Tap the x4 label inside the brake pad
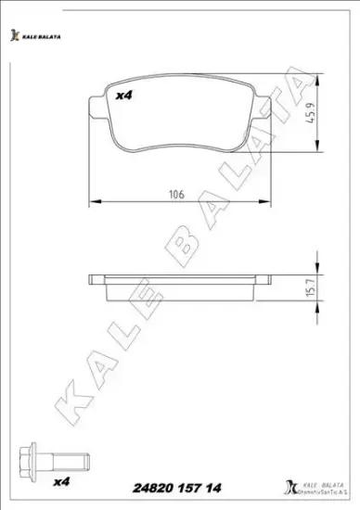[122, 95]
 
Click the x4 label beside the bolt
[63, 482]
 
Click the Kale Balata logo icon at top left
[14, 36]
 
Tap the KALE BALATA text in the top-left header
[41, 37]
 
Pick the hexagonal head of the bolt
[29, 460]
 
